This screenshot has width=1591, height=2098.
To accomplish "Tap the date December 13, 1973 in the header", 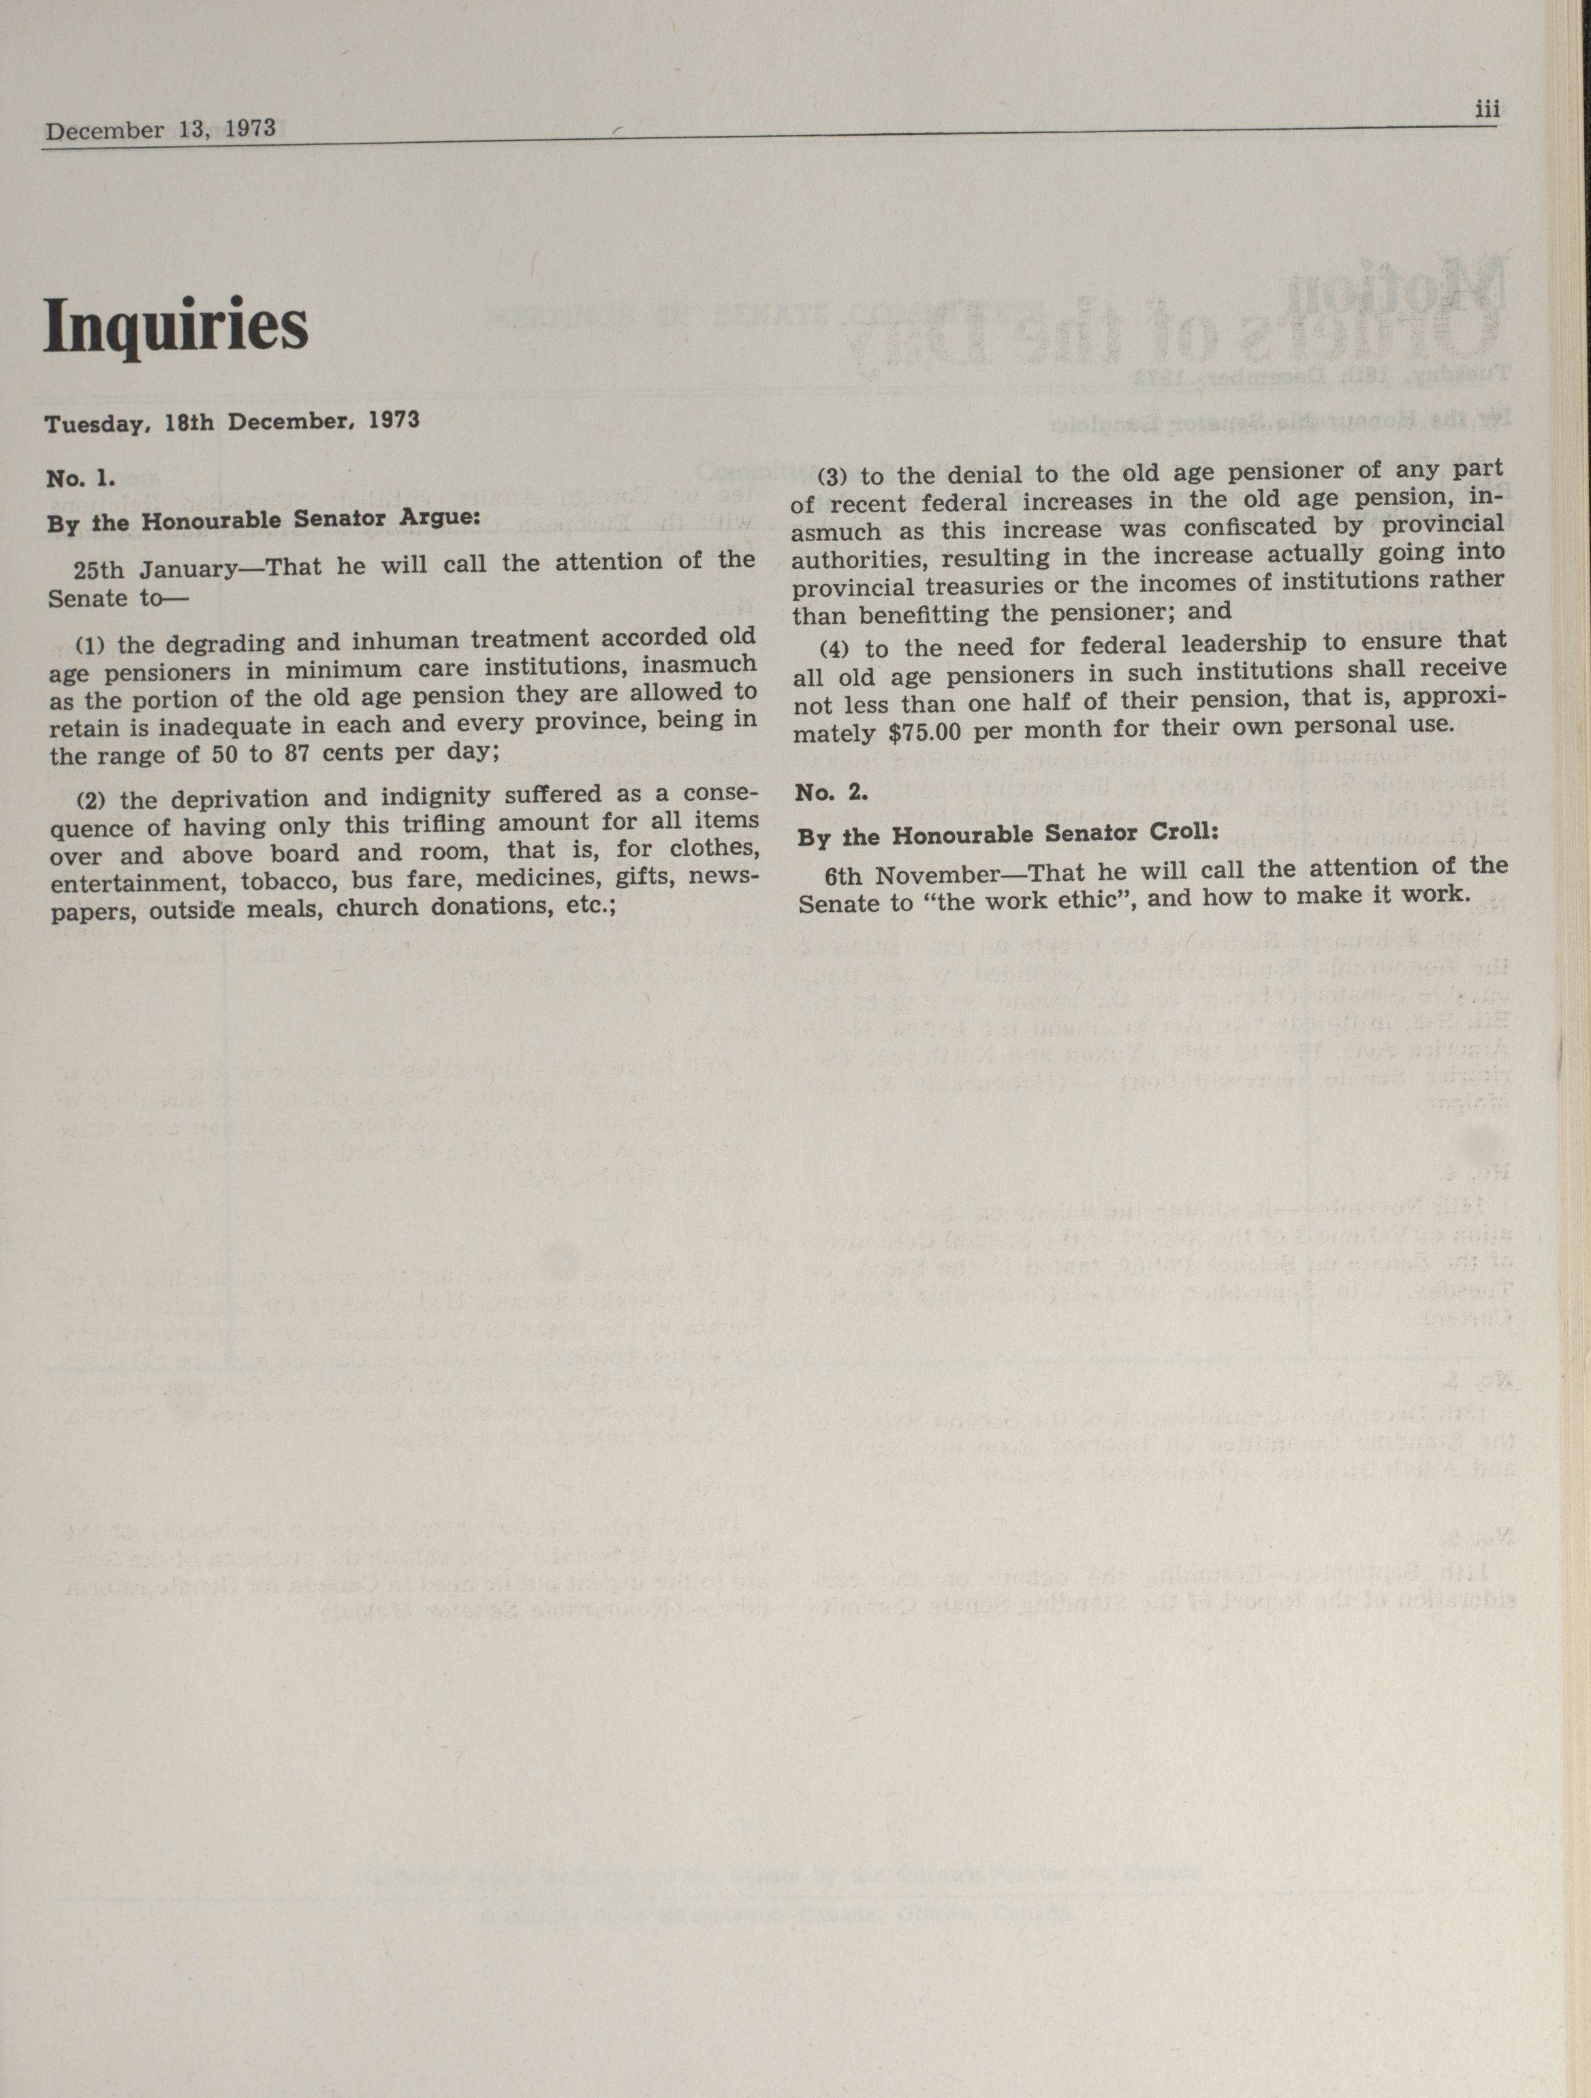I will coord(160,130).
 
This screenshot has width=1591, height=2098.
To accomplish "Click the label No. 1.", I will coord(80,478).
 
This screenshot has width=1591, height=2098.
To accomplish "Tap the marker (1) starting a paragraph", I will coord(90,646).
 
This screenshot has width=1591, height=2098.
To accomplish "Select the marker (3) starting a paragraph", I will coord(835,476).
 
